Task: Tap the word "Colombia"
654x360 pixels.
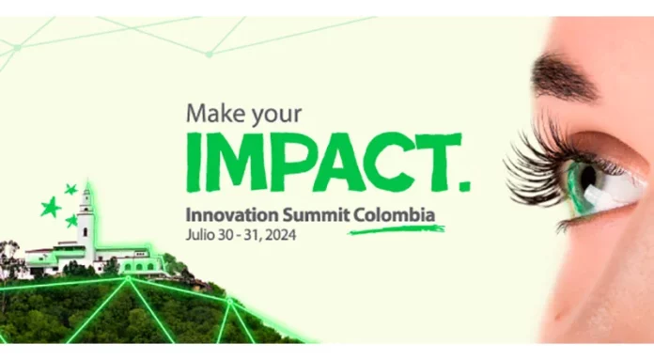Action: point(396,214)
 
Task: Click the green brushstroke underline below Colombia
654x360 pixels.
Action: point(395,228)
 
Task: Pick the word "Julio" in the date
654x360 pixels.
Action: point(203,236)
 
